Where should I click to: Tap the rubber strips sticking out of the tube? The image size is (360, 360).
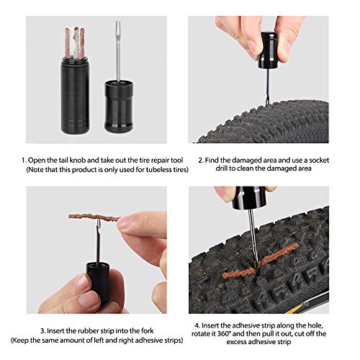click(75, 42)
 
